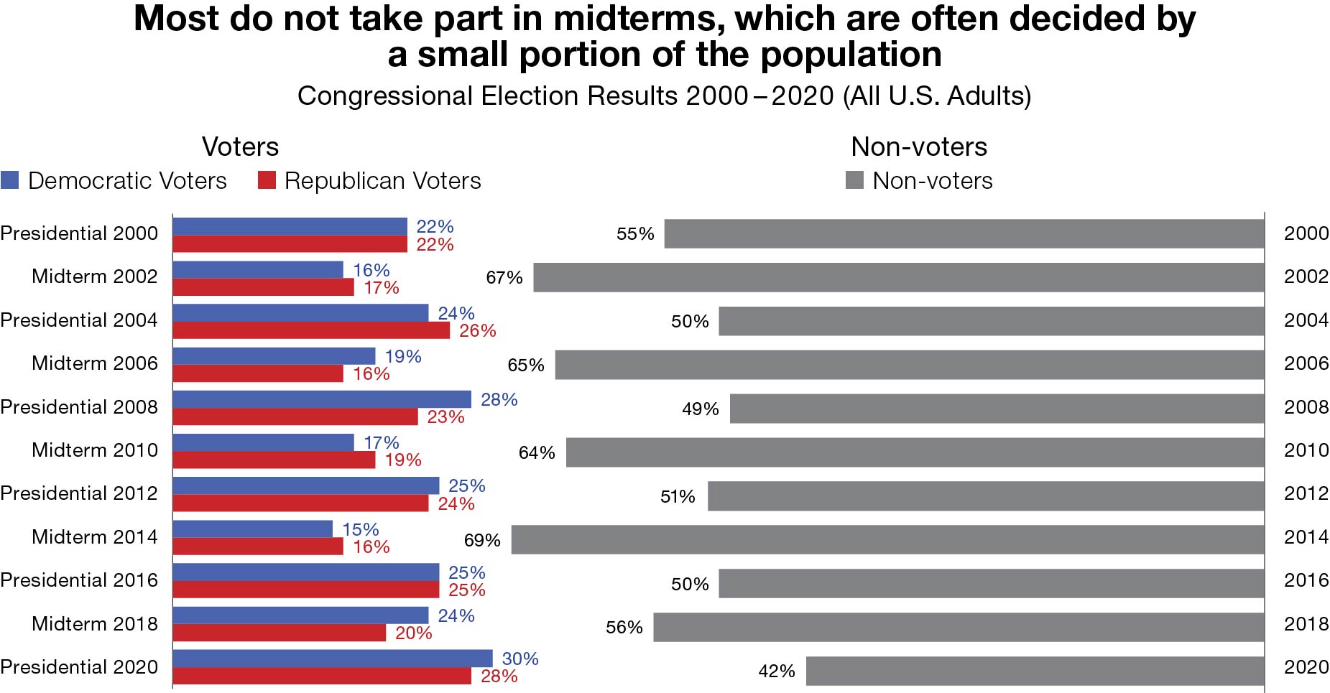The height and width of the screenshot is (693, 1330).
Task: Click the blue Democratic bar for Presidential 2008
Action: tap(322, 399)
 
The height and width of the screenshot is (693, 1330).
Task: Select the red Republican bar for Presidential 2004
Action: tap(311, 330)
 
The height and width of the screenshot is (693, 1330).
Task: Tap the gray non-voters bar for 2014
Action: tap(887, 539)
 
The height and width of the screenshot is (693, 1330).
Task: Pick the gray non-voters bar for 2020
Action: tap(1035, 670)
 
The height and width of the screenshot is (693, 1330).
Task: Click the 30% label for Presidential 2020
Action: tap(520, 659)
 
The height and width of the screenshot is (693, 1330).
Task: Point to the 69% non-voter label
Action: tap(482, 540)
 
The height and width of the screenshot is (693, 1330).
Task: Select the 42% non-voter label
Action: tap(777, 671)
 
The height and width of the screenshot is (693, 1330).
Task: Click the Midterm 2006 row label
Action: tap(94, 363)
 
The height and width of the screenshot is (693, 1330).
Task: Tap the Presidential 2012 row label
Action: tap(79, 493)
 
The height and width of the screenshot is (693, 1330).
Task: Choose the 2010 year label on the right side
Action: tap(1306, 450)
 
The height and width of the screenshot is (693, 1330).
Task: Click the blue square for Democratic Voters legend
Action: tap(10, 180)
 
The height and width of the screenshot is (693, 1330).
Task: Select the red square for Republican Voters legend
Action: tap(267, 180)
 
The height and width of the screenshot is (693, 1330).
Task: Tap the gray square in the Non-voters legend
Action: tap(854, 180)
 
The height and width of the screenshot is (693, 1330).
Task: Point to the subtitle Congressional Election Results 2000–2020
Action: tap(664, 96)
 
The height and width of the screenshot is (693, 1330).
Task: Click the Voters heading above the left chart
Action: tap(240, 146)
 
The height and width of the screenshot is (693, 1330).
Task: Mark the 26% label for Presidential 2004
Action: tap(478, 330)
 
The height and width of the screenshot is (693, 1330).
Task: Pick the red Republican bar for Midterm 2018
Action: tap(279, 633)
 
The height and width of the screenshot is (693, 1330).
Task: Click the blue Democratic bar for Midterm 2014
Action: tap(252, 529)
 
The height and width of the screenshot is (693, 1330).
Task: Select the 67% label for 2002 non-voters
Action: tap(504, 277)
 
